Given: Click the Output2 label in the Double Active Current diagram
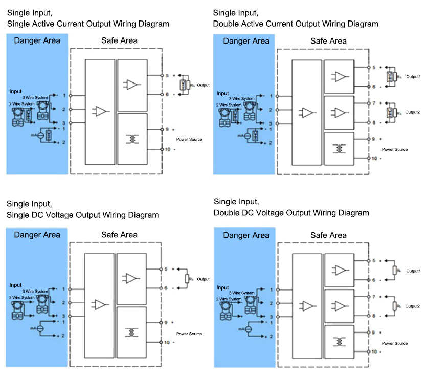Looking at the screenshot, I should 413,112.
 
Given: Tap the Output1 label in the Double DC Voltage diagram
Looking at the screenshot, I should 413,270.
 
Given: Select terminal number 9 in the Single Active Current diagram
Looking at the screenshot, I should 167,129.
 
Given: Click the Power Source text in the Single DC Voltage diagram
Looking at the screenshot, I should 189,334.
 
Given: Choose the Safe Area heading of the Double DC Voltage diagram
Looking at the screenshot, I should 328,235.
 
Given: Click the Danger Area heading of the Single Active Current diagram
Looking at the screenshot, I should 37,41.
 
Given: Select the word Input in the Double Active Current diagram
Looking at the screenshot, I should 222,93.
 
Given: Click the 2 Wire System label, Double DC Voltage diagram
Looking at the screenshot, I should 228,298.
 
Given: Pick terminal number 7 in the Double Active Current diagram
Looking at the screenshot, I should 374,103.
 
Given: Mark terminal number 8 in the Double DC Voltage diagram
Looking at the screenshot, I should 374,316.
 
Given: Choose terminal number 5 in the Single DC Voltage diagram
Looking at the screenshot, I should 167,268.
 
